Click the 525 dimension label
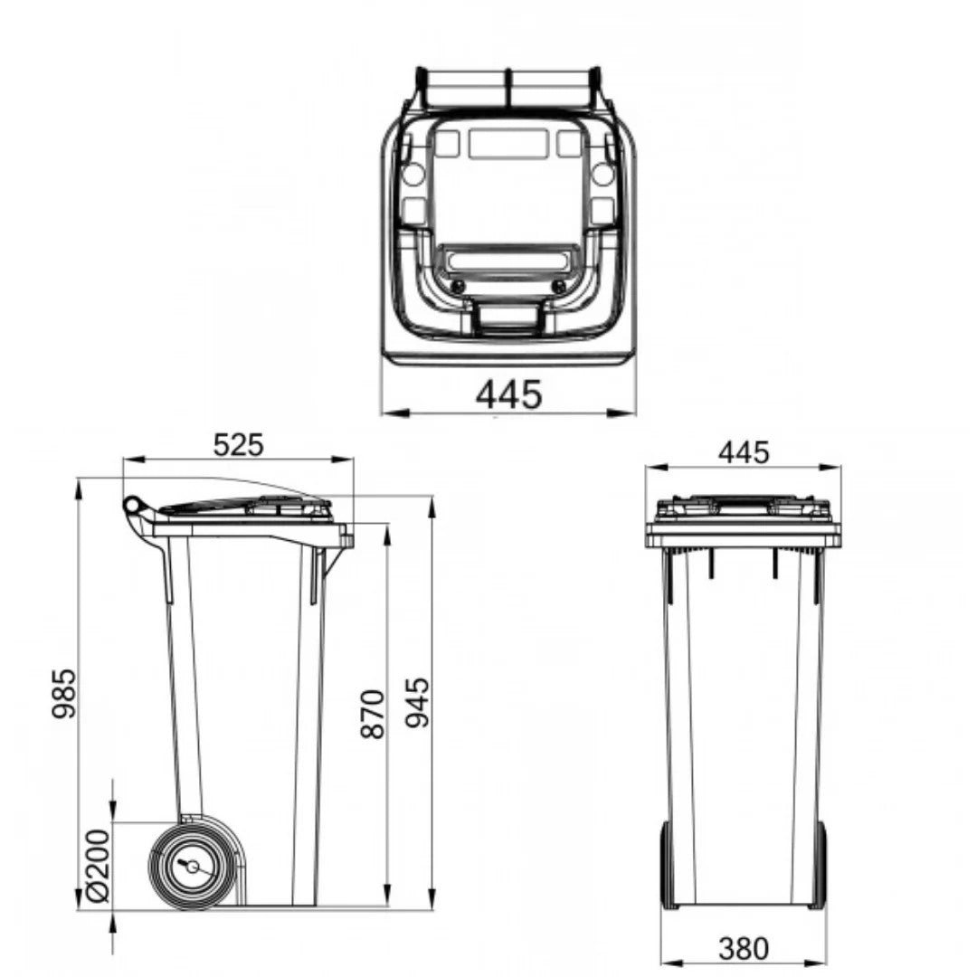[238, 444]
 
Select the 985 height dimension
[63, 694]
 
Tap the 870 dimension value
[373, 714]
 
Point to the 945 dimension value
[417, 703]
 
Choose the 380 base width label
[744, 948]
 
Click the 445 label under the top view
[508, 394]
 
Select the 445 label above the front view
[744, 451]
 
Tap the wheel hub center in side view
[192, 866]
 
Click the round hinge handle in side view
[132, 504]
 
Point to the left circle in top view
[413, 175]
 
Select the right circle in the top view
[602, 175]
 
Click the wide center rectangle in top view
[507, 144]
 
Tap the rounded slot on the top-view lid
[507, 261]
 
